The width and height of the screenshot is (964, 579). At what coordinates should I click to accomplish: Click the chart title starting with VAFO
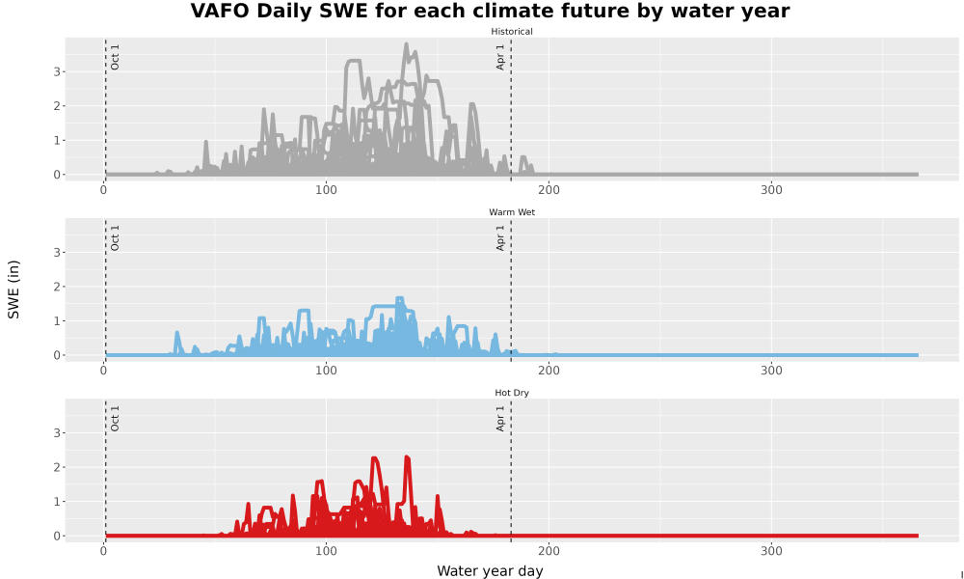click(490, 11)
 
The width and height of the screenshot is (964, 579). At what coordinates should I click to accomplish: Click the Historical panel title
click(512, 32)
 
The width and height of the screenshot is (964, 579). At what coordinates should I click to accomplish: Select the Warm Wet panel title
click(512, 212)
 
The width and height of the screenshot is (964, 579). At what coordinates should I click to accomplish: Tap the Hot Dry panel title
click(512, 393)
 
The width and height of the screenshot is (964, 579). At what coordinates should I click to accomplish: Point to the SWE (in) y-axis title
click(13, 289)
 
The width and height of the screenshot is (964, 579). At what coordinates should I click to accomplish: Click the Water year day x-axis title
click(490, 571)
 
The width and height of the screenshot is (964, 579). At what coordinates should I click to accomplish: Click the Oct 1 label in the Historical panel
click(115, 57)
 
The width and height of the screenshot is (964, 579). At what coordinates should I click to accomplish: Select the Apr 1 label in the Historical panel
click(500, 57)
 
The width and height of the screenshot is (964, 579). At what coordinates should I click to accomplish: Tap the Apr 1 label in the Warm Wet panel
click(500, 237)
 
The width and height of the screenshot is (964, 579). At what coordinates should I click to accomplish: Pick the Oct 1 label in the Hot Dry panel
click(115, 419)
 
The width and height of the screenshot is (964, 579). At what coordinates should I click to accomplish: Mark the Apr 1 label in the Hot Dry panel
click(500, 419)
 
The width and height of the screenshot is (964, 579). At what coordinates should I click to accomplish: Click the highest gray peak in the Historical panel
click(407, 44)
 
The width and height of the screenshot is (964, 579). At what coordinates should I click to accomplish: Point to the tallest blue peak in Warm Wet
click(400, 299)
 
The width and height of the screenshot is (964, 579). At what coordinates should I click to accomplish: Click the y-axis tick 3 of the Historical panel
click(57, 71)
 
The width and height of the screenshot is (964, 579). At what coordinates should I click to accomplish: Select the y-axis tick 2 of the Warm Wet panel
click(57, 287)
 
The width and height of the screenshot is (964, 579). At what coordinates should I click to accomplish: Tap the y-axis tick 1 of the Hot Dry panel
click(57, 502)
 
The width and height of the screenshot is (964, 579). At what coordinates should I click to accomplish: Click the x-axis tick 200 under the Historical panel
click(549, 189)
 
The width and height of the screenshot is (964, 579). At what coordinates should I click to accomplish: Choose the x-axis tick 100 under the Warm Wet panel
click(326, 371)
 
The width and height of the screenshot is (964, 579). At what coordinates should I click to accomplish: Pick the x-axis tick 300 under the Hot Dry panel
click(771, 551)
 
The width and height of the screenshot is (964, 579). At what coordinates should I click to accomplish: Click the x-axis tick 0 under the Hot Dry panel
click(103, 551)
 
